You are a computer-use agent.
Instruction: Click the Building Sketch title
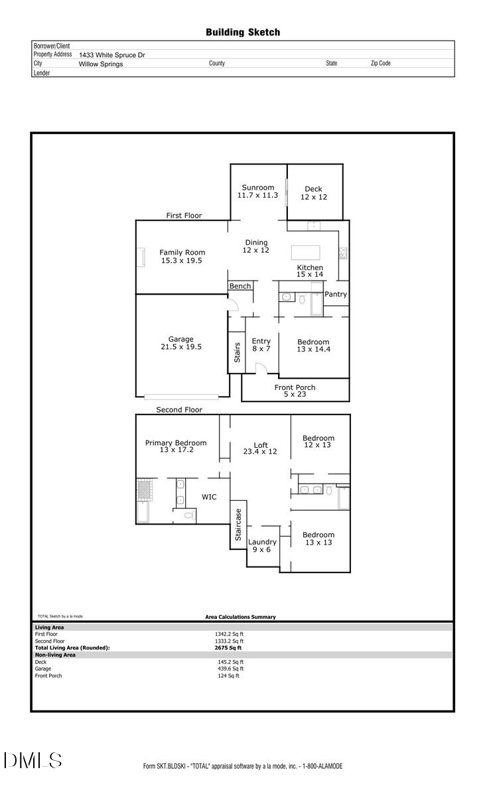click(242, 32)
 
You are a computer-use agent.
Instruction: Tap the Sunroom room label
click(257, 188)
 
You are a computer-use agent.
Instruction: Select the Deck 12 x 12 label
click(314, 193)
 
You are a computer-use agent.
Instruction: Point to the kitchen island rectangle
click(305, 253)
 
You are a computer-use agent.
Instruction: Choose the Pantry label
click(336, 294)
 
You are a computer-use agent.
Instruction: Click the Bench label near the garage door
click(240, 286)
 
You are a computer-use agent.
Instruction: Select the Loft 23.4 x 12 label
click(261, 448)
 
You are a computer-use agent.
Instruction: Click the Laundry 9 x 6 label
click(262, 545)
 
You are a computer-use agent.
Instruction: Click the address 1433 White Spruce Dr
click(111, 56)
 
